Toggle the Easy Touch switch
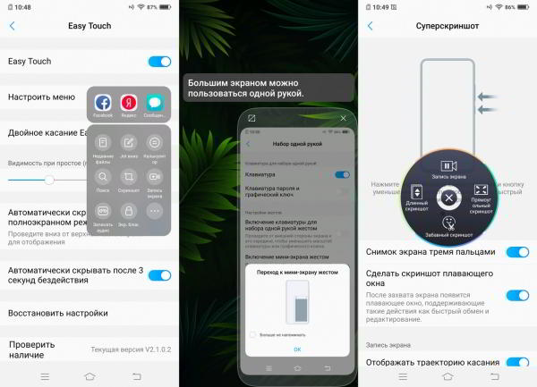159,62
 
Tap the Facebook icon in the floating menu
103,104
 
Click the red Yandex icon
129,104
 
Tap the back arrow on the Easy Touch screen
12,26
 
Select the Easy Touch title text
89,26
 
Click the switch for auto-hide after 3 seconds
159,275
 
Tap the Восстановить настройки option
58,314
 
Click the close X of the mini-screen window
344,118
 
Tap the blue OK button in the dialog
297,349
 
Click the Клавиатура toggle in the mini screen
342,174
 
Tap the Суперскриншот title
447,26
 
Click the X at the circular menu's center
449,198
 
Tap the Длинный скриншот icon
416,192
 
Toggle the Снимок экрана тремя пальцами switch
517,252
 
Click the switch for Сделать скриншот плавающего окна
517,295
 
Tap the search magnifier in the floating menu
103,177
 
